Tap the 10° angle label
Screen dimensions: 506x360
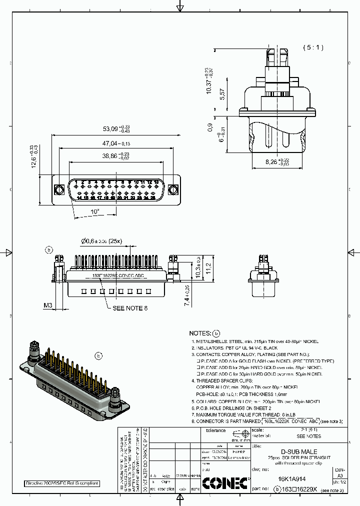[95, 211]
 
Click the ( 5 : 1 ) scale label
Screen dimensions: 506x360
[313, 47]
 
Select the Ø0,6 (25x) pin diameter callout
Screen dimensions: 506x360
[102, 241]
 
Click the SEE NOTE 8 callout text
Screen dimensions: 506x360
[130, 308]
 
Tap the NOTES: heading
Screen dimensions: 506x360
[200, 333]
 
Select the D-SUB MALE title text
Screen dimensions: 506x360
[298, 452]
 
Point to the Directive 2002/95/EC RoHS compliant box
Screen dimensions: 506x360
[62, 483]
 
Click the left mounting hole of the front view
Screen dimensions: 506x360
[58, 189]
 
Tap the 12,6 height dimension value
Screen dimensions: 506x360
[35, 156]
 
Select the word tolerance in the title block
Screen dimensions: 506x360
[216, 430]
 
